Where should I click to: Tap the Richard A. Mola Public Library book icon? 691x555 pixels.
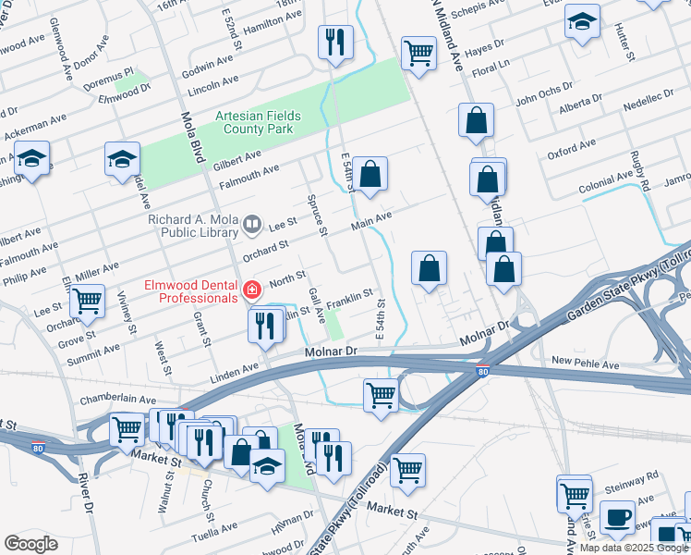250,224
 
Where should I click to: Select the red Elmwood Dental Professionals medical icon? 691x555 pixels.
249,291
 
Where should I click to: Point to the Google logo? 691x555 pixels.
30,543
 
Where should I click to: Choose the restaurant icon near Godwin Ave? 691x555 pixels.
334,41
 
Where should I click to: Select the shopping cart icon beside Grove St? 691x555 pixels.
88,301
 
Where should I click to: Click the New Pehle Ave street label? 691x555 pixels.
585,364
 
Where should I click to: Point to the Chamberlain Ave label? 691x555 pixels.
113,397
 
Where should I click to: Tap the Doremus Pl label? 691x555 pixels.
116,70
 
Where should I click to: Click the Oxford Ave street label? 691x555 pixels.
573,149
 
